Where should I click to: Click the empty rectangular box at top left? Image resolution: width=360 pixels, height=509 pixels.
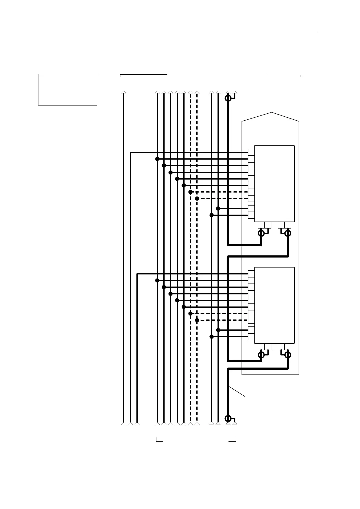(x=67, y=89)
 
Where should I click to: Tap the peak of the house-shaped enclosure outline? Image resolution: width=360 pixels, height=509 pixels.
(x=272, y=113)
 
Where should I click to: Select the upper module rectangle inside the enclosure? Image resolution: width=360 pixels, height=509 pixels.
(x=274, y=183)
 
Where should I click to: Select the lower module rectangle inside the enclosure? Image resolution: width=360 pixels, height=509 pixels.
(x=274, y=305)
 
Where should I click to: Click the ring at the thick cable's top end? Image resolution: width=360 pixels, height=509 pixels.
(x=228, y=98)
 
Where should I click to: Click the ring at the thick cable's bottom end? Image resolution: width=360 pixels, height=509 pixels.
(x=228, y=418)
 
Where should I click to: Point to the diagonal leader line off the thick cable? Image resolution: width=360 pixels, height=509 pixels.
(x=237, y=391)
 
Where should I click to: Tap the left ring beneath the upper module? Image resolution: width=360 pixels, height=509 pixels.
(x=261, y=233)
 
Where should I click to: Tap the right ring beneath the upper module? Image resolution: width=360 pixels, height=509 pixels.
(x=288, y=233)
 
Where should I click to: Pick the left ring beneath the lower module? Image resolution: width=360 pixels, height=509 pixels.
(x=261, y=355)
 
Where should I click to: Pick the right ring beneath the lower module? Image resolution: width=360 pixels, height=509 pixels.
(x=288, y=355)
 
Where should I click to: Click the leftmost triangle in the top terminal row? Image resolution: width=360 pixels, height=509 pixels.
(x=123, y=92)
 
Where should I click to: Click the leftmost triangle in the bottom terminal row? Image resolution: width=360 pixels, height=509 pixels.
(x=123, y=423)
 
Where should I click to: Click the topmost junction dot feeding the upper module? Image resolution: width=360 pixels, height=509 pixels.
(x=157, y=159)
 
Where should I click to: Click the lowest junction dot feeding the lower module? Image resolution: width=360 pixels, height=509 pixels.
(x=211, y=336)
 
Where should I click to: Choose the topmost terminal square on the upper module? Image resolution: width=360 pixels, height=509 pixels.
(x=251, y=152)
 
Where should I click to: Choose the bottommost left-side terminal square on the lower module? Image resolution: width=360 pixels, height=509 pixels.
(x=251, y=337)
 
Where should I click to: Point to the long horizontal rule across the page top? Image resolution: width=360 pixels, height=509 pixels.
(x=170, y=32)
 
